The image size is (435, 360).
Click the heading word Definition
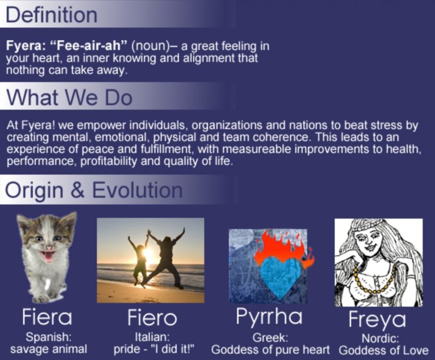[x=52, y=15]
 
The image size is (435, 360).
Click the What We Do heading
[x=69, y=97]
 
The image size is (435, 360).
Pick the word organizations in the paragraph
[x=227, y=126]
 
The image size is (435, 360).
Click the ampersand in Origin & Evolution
[x=78, y=190]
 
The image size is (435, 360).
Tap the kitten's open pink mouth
[x=48, y=256]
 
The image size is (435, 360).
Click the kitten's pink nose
[x=49, y=247]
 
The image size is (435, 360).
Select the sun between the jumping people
[x=147, y=253]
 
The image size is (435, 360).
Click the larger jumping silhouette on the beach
[x=163, y=259]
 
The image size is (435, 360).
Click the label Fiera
[x=47, y=317]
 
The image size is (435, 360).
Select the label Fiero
[x=152, y=317]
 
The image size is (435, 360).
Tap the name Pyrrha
[x=269, y=317]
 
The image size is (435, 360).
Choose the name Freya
[x=377, y=320]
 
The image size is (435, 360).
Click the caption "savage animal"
[x=49, y=349]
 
